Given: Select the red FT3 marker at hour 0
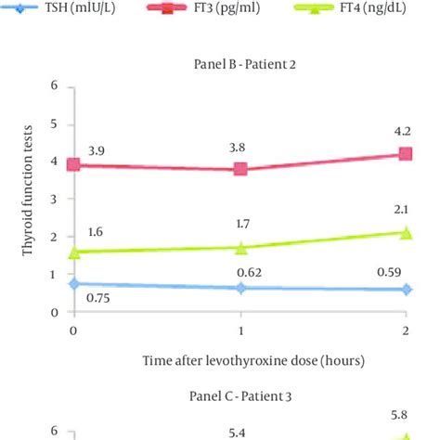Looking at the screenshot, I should (72, 164).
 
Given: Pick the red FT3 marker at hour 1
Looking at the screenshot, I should (240, 169).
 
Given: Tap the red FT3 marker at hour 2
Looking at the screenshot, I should (406, 153).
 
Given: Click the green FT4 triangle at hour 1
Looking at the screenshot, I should (240, 248).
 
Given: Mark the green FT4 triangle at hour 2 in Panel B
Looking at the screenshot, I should (406, 233).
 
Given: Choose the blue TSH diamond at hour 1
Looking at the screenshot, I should (240, 288).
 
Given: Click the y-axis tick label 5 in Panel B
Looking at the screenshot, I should (55, 123).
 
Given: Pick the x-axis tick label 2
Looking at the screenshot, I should (406, 330).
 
